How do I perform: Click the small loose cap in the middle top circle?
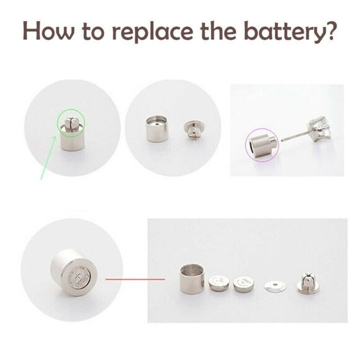pos(192,127)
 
